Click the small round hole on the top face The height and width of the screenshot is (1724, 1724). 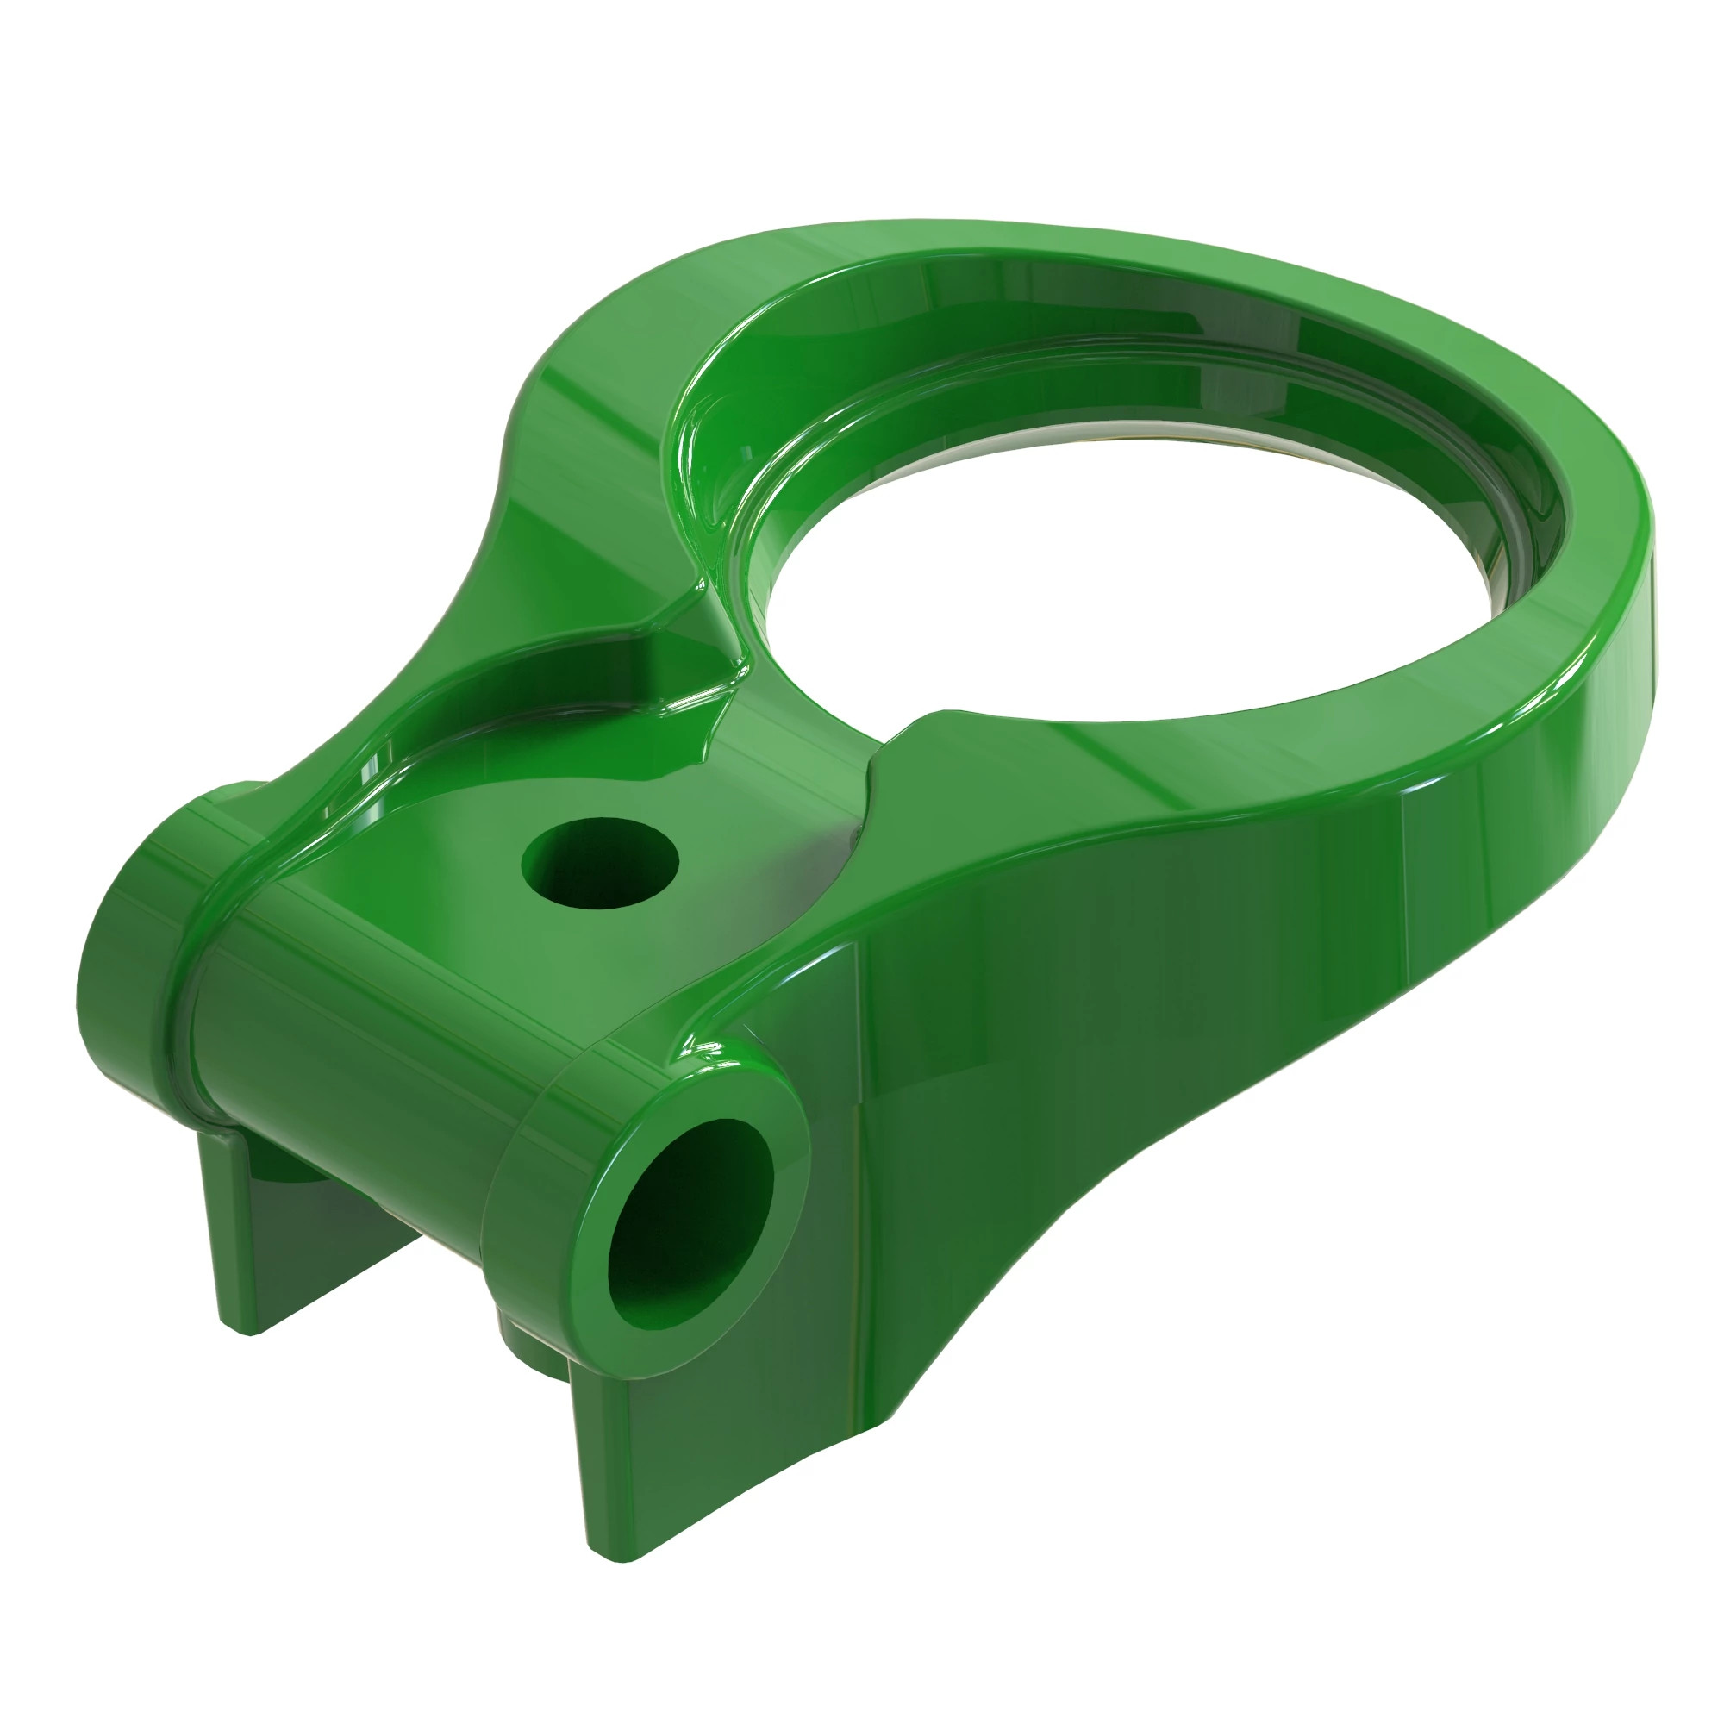coord(600,863)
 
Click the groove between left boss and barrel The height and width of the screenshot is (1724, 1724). coord(183,999)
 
